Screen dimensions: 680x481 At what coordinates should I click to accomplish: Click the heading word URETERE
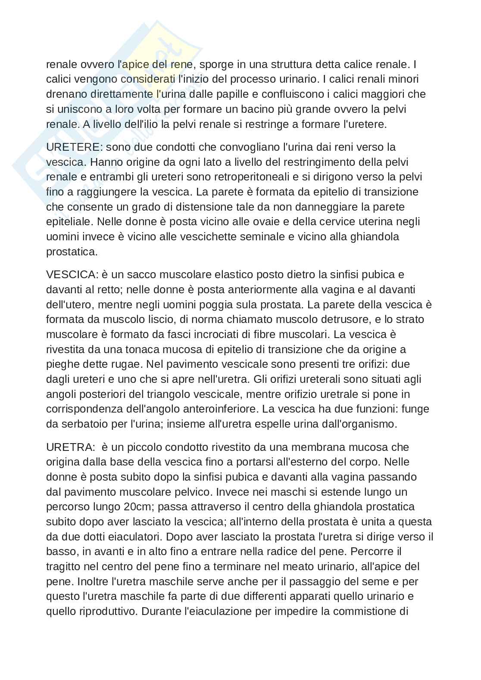click(x=73, y=147)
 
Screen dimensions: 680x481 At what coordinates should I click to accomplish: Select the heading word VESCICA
click(x=72, y=274)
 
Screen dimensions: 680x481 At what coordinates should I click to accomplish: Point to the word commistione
click(x=365, y=611)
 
